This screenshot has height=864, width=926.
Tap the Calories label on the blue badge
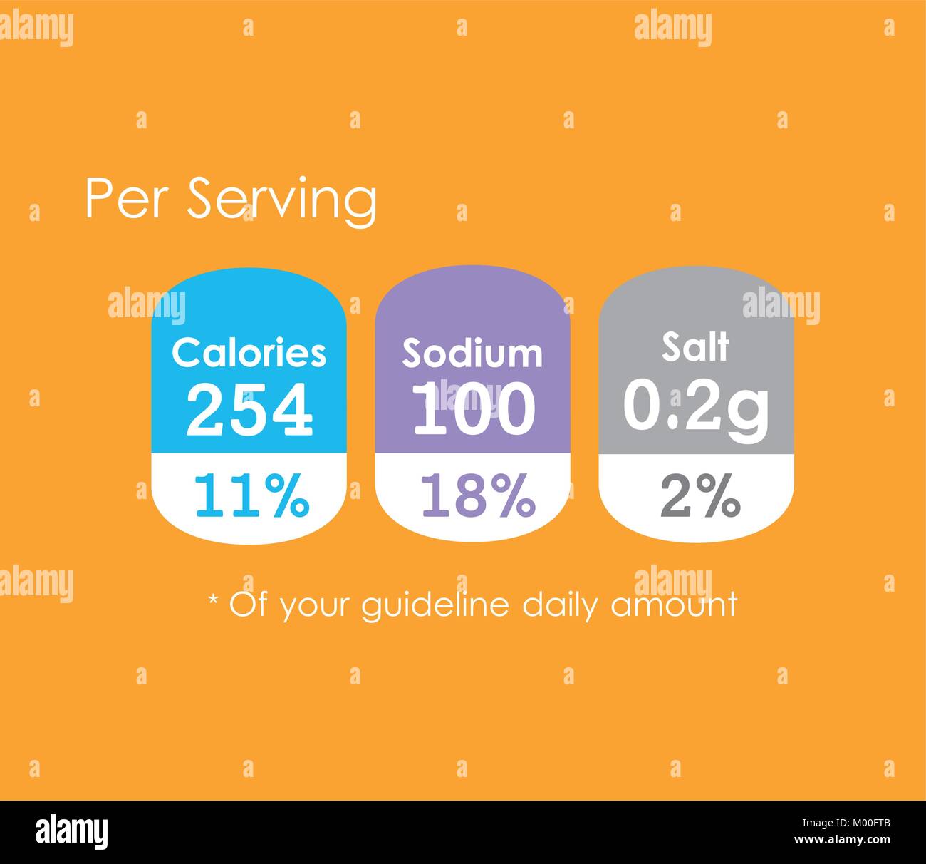point(249,352)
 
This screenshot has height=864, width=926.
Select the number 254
point(249,409)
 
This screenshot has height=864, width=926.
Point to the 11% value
point(251,495)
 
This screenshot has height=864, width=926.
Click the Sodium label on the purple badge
point(472,353)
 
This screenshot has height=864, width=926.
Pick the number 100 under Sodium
point(473,409)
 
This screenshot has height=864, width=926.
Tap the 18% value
point(477,495)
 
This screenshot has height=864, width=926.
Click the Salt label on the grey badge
point(695,347)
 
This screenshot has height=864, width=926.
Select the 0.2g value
point(696,406)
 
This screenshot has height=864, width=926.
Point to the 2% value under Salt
point(700,495)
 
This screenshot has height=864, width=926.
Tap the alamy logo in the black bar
point(72,831)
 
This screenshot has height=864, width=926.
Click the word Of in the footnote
point(249,605)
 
